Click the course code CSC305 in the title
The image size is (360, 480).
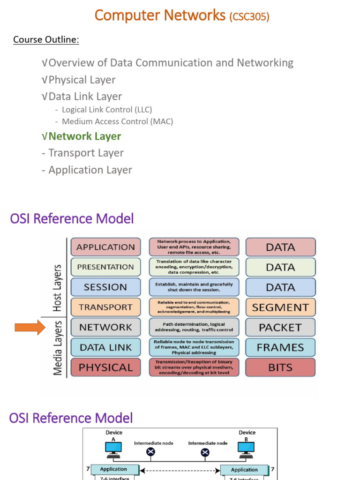click(249, 17)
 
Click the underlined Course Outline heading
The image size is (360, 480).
click(46, 39)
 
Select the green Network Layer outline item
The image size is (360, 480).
click(84, 136)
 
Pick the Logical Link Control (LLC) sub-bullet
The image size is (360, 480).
click(107, 110)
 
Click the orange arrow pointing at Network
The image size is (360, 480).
click(30, 327)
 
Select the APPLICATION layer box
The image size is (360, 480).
click(105, 247)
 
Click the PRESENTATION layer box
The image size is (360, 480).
click(105, 267)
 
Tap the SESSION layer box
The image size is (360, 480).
click(105, 287)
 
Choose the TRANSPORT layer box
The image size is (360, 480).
click(105, 307)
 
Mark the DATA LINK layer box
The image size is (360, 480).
click(105, 347)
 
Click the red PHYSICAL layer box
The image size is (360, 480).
click(105, 367)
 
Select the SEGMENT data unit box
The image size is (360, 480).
click(280, 307)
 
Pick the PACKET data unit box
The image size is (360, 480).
click(280, 327)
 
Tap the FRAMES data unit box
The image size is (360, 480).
click(280, 347)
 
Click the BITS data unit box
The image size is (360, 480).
click(280, 367)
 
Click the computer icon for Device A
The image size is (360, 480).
click(113, 449)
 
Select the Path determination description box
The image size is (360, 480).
click(194, 327)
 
